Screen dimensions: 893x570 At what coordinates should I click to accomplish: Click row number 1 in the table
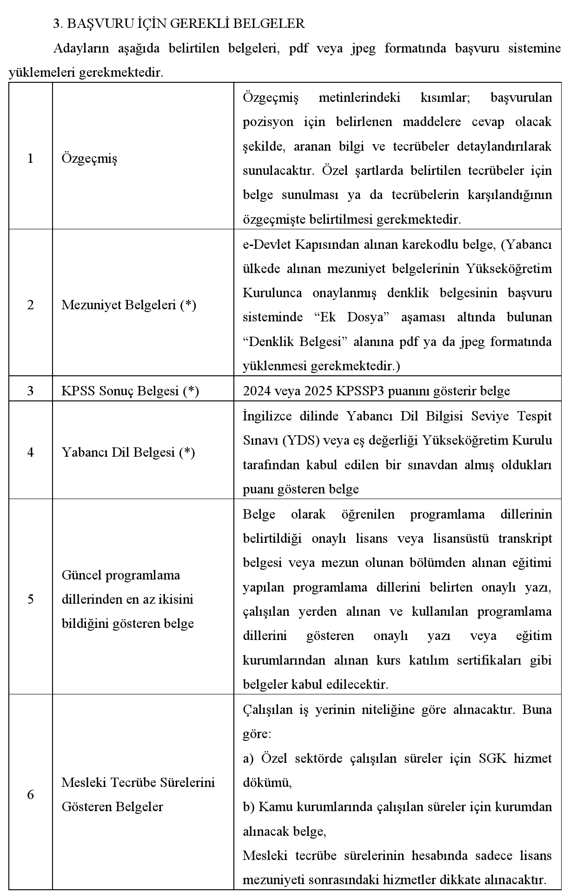pos(30,159)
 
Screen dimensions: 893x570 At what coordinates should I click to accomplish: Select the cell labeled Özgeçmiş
pos(89,159)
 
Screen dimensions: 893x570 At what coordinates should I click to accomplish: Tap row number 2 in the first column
pos(30,305)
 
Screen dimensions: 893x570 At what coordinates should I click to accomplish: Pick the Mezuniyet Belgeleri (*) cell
pos(129,305)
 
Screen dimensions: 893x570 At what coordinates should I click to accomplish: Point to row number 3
pos(30,391)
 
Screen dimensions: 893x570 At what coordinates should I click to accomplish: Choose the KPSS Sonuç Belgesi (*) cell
pos(130,391)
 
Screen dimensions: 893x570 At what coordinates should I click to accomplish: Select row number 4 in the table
pos(30,452)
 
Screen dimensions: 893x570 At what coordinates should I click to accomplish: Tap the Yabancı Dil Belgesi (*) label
pos(128,452)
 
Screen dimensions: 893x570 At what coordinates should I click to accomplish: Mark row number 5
pos(30,599)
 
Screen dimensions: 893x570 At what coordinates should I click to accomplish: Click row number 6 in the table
pos(30,794)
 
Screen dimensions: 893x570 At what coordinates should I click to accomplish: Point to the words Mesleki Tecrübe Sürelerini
pos(138,782)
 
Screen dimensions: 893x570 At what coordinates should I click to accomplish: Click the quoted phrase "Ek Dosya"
pos(348,318)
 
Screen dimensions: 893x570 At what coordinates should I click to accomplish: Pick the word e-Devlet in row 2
pos(266,245)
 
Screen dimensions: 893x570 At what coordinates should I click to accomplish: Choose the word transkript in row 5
pos(525,538)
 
